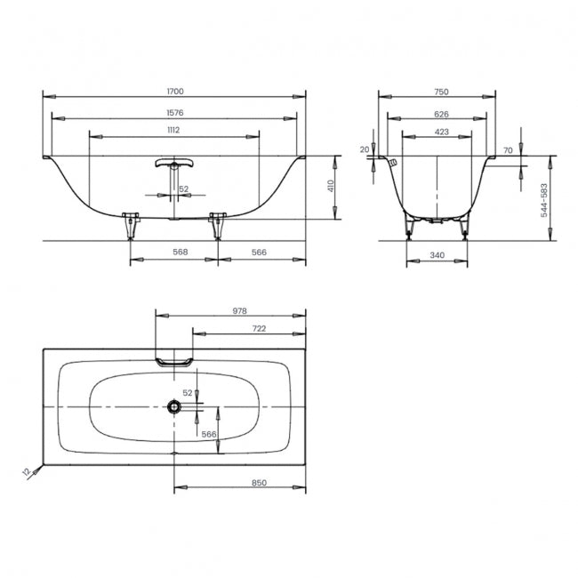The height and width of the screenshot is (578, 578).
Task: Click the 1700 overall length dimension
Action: [175, 91]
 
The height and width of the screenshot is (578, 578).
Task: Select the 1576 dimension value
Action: [174, 112]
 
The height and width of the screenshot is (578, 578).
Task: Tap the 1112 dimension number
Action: [173, 130]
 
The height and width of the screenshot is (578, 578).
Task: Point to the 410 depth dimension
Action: [331, 186]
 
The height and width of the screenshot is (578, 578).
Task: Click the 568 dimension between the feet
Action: [181, 252]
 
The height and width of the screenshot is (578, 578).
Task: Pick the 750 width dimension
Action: [441, 92]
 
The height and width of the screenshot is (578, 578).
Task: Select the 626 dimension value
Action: [441, 114]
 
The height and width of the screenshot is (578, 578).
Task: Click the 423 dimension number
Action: [442, 132]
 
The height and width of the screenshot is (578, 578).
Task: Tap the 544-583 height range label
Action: [544, 200]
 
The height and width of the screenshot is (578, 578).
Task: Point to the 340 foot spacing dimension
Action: [438, 254]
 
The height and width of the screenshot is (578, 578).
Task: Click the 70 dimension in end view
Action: [508, 150]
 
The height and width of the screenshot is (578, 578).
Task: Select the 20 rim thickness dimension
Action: [365, 149]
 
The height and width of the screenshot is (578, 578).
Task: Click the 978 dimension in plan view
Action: [239, 310]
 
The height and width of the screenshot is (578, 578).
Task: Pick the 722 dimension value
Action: [259, 328]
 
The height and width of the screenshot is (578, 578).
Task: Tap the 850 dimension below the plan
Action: [259, 483]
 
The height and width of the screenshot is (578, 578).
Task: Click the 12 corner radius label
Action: [27, 471]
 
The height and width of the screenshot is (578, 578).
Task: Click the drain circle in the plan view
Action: [174, 407]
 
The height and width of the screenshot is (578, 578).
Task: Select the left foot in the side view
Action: [131, 226]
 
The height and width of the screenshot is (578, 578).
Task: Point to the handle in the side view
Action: [174, 163]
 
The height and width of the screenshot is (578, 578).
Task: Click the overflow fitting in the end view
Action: [394, 162]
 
